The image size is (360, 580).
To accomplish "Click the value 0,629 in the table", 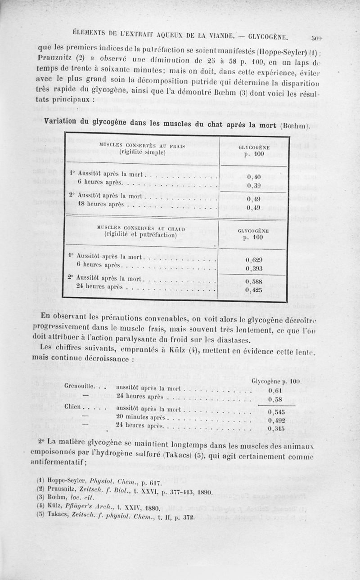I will click(254, 260).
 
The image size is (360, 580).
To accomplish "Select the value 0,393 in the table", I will click(254, 269).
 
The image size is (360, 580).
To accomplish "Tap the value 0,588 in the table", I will click(254, 281).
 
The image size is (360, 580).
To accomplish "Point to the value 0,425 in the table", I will click(254, 290).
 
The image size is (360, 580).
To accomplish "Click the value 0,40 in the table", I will click(255, 176).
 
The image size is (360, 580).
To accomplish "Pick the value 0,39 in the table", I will click(255, 186).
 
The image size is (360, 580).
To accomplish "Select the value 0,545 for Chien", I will click(276, 411).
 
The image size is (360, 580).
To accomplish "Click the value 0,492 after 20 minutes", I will click(276, 420).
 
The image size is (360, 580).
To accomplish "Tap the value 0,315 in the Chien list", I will click(276, 429).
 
